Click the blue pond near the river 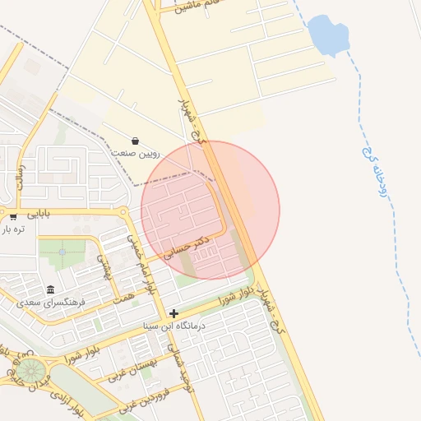click(327, 35)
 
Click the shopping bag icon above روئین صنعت click(135, 141)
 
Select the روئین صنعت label click(136, 154)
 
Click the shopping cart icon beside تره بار click(14, 217)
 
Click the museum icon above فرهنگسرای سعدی click(51, 289)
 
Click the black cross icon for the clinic click(173, 313)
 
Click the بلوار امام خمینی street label click(141, 268)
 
